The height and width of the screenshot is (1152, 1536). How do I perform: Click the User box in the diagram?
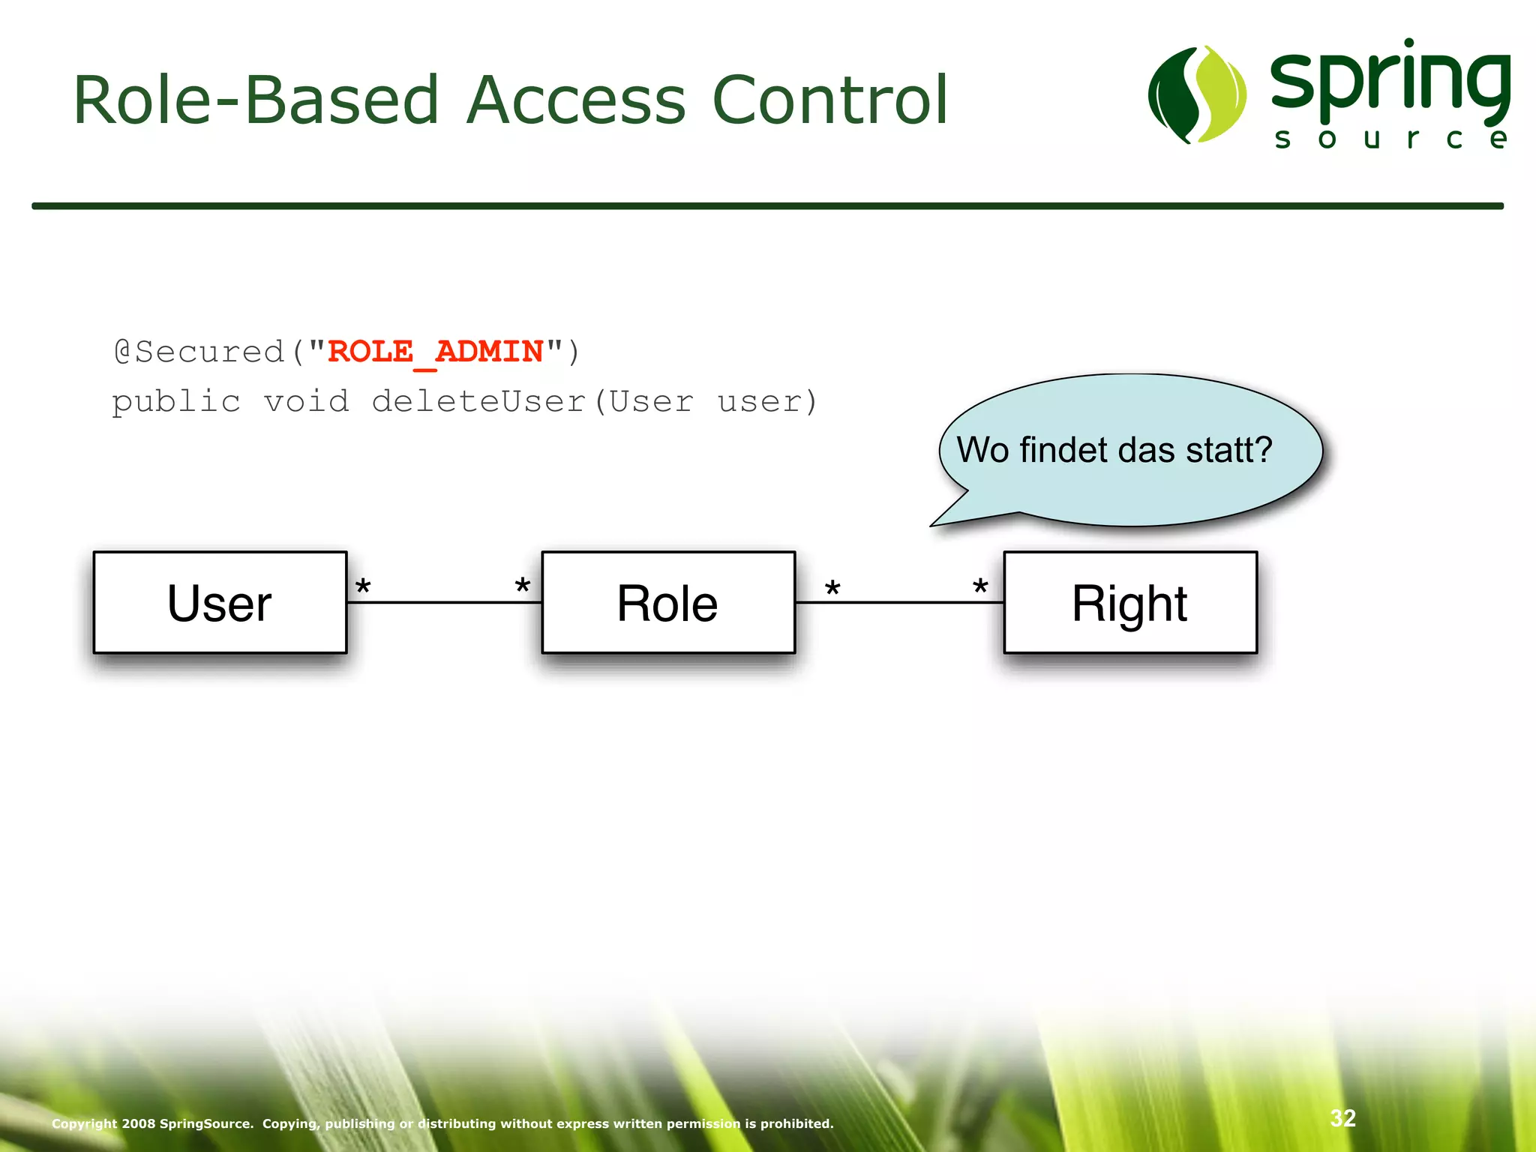point(220,603)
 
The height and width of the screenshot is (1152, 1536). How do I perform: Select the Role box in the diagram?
point(667,603)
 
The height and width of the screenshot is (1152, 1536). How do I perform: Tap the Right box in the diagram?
point(1129,603)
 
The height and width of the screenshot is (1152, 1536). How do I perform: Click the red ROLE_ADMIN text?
point(435,352)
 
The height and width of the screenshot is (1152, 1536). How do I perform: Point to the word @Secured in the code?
point(199,352)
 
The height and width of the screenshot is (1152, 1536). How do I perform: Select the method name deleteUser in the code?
point(478,401)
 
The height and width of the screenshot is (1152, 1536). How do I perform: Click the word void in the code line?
point(306,401)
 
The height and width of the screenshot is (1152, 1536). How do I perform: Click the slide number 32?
point(1342,1118)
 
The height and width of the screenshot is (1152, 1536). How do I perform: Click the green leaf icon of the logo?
point(1197,95)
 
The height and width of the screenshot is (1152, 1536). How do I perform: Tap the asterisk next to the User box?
point(363,587)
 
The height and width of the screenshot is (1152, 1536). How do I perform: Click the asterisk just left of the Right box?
point(980,587)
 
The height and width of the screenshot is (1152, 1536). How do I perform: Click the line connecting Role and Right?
point(900,602)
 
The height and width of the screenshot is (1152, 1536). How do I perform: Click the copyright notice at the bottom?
point(442,1123)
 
